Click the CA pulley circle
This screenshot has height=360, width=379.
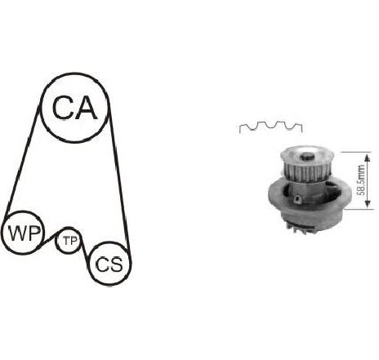pyautogui.click(x=75, y=74)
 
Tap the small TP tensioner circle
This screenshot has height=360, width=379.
pyautogui.click(x=68, y=229)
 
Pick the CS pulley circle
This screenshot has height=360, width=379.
pyautogui.click(x=110, y=243)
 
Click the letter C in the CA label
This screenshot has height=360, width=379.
pyautogui.click(x=63, y=108)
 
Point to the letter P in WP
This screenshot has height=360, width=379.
pyautogui.click(x=33, y=233)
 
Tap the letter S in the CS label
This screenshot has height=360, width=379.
pyautogui.click(x=116, y=264)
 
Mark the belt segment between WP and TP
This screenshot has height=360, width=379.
pyautogui.click(x=49, y=239)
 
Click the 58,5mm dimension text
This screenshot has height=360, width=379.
pyautogui.click(x=361, y=180)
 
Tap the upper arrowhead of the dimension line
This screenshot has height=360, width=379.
pyautogui.click(x=368, y=158)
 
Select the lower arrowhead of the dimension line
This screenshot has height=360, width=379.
pyautogui.click(x=368, y=203)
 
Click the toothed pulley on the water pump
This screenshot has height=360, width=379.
pyautogui.click(x=307, y=164)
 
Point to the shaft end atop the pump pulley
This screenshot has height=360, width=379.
pyautogui.click(x=307, y=157)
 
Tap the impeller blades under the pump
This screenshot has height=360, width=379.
pyautogui.click(x=297, y=228)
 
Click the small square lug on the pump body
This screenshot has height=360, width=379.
pyautogui.click(x=298, y=200)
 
